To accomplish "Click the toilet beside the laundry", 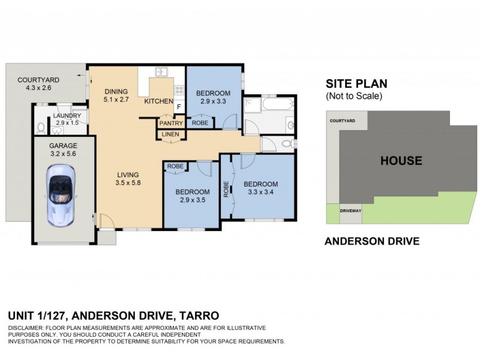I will [40, 127].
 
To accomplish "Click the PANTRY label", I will [170, 123].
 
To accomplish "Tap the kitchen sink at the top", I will [161, 73].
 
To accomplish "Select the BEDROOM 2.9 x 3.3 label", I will [213, 97].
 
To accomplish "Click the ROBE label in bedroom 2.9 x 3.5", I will [175, 166].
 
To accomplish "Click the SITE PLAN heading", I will [356, 83].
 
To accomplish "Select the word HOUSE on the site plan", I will [401, 161].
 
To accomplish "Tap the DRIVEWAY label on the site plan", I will [350, 211].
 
